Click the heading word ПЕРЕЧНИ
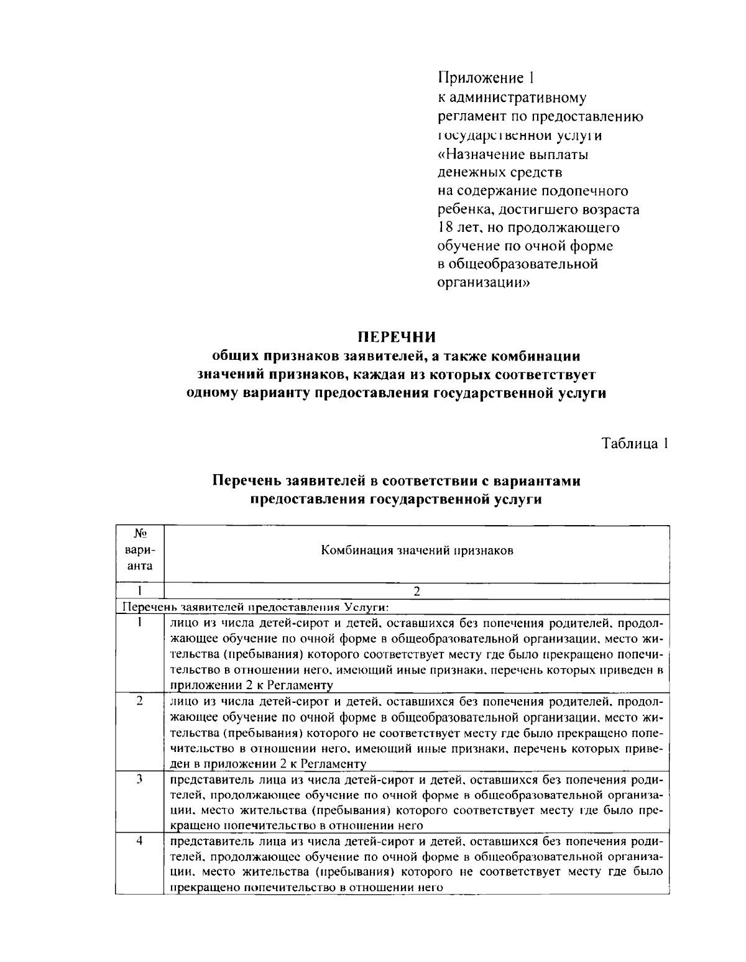click(x=396, y=337)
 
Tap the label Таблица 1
click(x=634, y=444)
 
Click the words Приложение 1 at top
click(x=486, y=78)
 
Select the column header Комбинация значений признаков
click(x=417, y=551)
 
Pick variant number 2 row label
click(x=140, y=700)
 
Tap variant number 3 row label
click(x=140, y=778)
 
